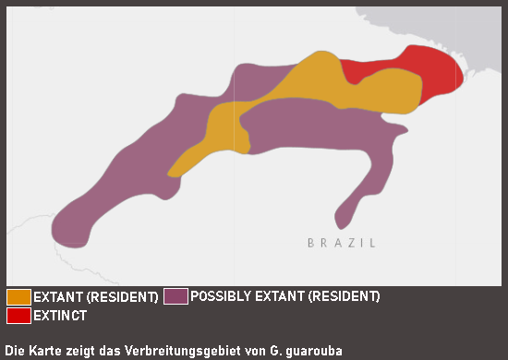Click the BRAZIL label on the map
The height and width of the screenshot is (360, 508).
[342, 243]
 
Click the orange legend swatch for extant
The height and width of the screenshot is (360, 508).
[18, 297]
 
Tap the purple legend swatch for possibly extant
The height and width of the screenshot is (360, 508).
[175, 297]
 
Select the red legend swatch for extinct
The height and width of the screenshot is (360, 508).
[18, 316]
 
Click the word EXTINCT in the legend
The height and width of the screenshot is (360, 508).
[60, 316]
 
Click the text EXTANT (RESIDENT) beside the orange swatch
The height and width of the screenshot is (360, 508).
[95, 297]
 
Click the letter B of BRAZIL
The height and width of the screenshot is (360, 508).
[311, 243]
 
